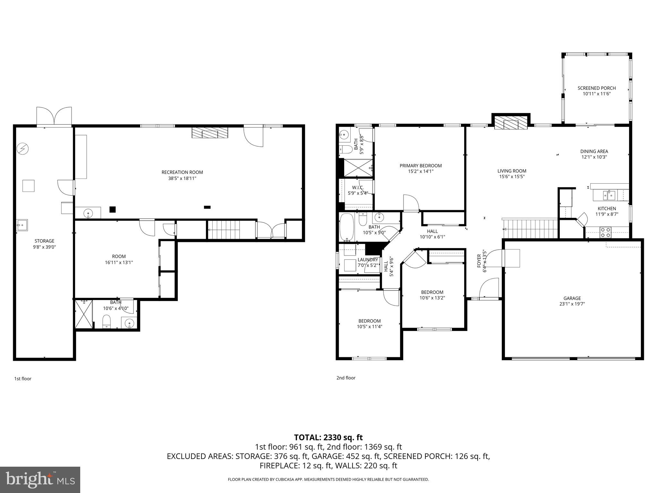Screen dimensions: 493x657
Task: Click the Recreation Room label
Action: pyautogui.click(x=182, y=172)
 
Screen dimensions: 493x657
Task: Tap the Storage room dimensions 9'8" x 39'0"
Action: pyautogui.click(x=44, y=247)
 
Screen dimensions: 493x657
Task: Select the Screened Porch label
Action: pyautogui.click(x=596, y=88)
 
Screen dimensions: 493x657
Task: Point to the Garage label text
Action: pyautogui.click(x=572, y=298)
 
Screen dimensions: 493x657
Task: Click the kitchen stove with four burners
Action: pyautogui.click(x=605, y=232)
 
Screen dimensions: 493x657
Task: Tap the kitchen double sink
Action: pyautogui.click(x=609, y=195)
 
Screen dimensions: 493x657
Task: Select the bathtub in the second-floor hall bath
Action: pyautogui.click(x=347, y=227)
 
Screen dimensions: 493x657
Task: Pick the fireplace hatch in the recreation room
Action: pyautogui.click(x=209, y=133)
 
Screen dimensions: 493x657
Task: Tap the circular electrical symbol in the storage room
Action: pyautogui.click(x=23, y=149)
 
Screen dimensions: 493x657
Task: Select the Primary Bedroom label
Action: pyautogui.click(x=420, y=166)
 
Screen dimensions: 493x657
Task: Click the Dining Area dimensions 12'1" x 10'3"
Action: pyautogui.click(x=594, y=157)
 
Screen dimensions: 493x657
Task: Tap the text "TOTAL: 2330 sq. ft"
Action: pyautogui.click(x=328, y=437)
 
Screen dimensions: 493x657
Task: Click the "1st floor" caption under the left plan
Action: pyautogui.click(x=23, y=379)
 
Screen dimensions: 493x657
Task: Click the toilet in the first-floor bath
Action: pyautogui.click(x=107, y=321)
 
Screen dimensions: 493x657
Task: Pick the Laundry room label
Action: pyautogui.click(x=368, y=260)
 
